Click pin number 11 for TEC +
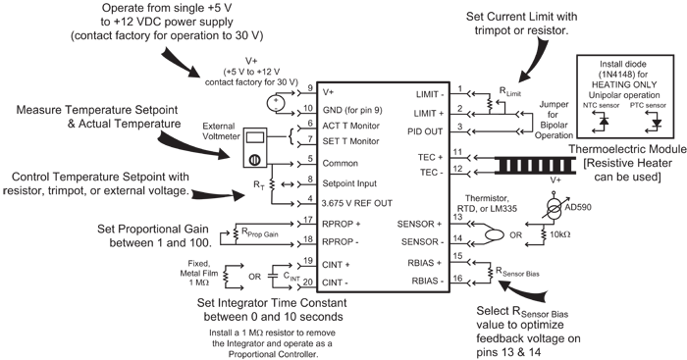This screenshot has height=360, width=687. coord(457,152)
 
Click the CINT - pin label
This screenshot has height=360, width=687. coord(339,283)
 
